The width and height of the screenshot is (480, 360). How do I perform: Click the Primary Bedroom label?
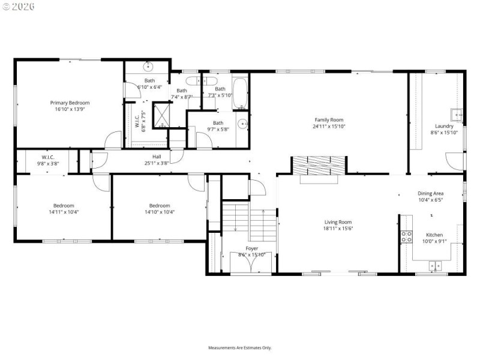[x=69, y=103]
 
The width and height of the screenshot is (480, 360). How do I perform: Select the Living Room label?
[x=338, y=222]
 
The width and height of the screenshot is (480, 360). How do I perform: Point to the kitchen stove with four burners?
[x=406, y=236]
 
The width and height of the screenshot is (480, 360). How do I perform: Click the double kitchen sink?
[x=434, y=265]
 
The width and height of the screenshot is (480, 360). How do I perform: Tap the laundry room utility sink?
[x=457, y=113]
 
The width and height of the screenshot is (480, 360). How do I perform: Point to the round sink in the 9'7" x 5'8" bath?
[x=243, y=124]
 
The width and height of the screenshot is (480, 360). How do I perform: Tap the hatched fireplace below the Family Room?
[x=318, y=165]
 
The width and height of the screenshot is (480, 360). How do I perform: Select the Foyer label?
[x=252, y=248]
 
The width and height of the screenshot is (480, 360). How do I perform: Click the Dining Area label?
[x=430, y=193]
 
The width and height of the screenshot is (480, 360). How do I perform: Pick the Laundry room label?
[x=444, y=126]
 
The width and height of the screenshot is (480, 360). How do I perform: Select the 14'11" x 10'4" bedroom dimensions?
[x=64, y=212]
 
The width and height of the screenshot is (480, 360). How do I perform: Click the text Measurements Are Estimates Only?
[x=240, y=347]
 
